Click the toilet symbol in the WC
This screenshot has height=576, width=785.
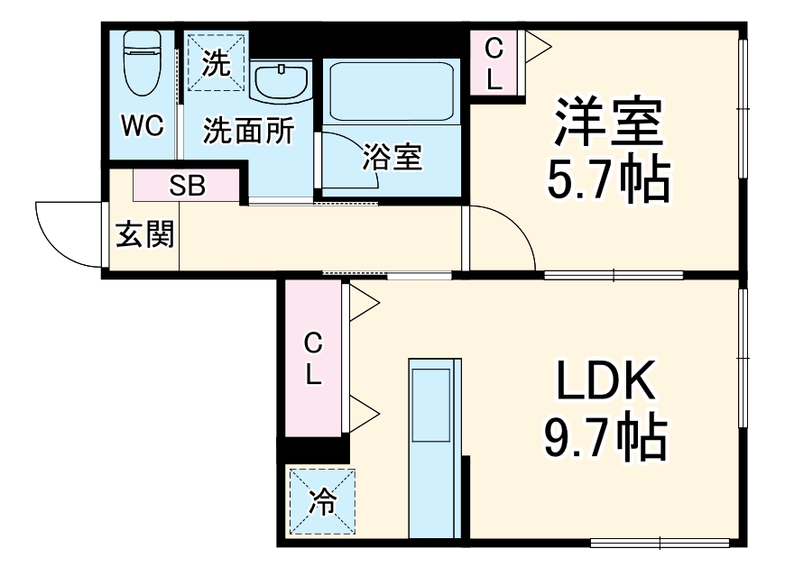tap(140, 63)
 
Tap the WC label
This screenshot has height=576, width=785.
tap(143, 127)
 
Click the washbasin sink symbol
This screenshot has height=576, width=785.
tap(282, 84)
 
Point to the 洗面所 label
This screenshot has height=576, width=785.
tap(247, 132)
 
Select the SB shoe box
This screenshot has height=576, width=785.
tap(188, 186)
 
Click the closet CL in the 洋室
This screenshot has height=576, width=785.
tap(494, 62)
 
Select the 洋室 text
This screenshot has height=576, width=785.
tap(608, 123)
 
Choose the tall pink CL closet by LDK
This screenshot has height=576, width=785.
tap(312, 358)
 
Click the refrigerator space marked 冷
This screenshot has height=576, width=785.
tap(321, 502)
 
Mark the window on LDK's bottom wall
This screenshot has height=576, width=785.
tap(660, 542)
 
